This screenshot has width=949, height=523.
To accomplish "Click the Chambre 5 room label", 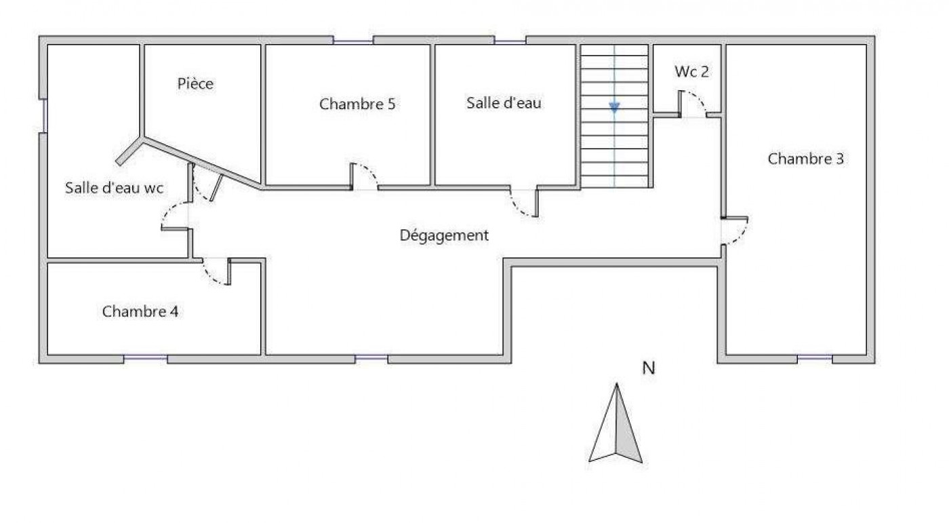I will pos(357,104).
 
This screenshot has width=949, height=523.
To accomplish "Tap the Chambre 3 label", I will pos(805,159).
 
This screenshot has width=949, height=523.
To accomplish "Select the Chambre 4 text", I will pos(140,311).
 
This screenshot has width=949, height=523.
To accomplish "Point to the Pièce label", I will pos(195,83).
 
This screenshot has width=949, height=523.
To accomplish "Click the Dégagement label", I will pos(444,235).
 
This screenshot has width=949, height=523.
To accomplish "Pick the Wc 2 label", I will pos(692,71).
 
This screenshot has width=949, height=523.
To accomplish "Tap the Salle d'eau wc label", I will pos(114,189).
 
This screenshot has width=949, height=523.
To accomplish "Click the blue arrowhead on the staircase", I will pos(614,107).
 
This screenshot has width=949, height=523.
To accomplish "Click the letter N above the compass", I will pos(649,368).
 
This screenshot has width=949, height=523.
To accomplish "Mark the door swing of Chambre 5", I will pos(366,176).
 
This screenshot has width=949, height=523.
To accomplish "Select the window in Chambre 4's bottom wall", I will pos(145,358).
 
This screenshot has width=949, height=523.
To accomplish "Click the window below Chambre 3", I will pos(815,358).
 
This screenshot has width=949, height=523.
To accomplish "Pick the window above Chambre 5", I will pos(353,41).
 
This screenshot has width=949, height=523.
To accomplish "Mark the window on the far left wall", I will pos(43,115).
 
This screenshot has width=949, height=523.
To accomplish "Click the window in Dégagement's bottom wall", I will pos(371,358).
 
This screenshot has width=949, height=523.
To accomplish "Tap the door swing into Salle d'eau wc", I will pos(174,216).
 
